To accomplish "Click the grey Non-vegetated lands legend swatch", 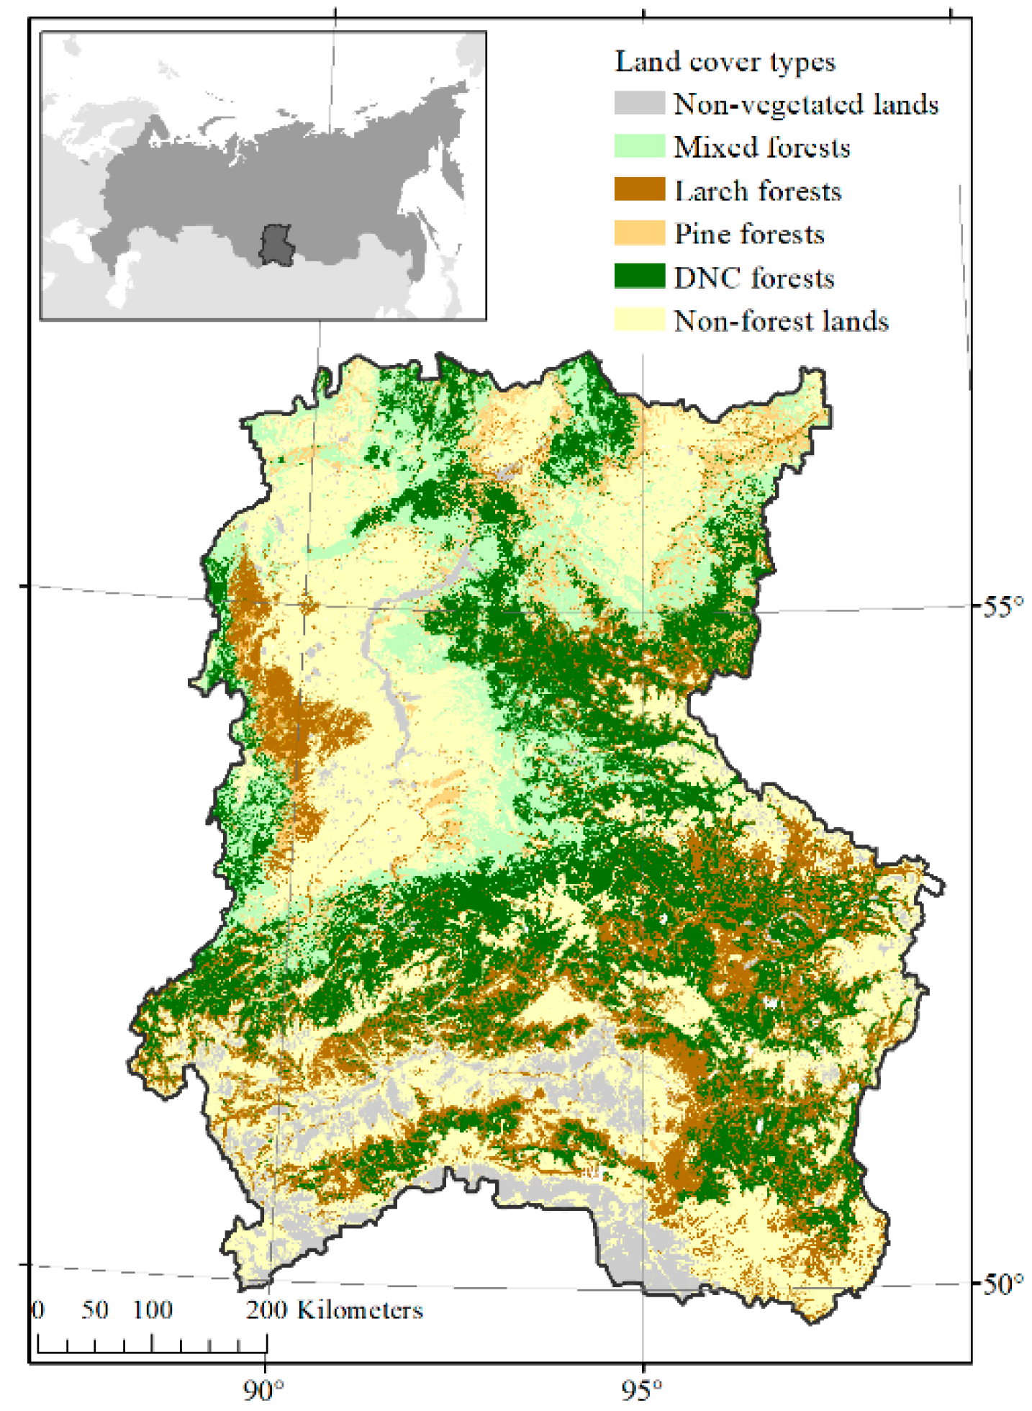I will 638,103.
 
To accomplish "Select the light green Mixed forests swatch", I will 638,146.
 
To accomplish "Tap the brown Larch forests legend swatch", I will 638,189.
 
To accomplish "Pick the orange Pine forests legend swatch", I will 638,233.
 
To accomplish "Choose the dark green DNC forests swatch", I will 638,276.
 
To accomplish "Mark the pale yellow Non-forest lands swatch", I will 638,320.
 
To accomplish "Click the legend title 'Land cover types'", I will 724,62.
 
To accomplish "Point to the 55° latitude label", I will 1002,606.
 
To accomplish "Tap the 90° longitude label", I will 263,1390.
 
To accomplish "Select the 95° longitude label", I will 643,1390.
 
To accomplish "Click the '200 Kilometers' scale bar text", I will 335,1309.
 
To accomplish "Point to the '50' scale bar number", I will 94,1309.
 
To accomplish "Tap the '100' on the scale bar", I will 152,1309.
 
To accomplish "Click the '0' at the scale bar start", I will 38,1309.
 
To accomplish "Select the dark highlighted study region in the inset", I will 276,244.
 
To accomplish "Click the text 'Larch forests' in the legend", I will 757,191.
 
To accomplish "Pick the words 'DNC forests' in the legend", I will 753,278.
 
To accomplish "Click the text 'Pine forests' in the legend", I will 748,235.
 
